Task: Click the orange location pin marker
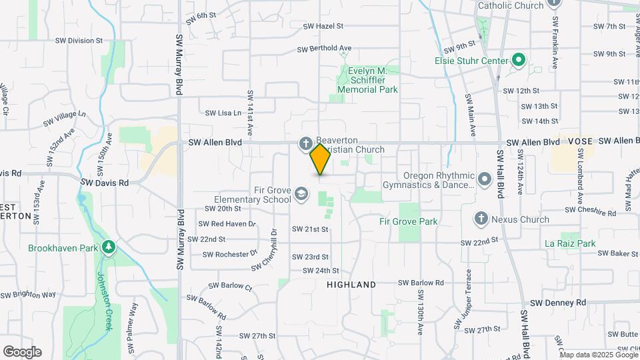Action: coord(320,159)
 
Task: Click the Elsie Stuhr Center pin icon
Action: coord(518,61)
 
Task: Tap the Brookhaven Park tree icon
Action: coord(108,248)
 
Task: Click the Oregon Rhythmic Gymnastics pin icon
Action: coord(485,179)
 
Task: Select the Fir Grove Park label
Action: coord(408,221)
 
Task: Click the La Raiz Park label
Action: coord(569,244)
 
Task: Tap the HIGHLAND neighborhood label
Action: coord(351,285)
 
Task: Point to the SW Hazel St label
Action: coord(323,27)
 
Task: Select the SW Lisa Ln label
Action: coord(223,113)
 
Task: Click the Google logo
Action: coord(22,352)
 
